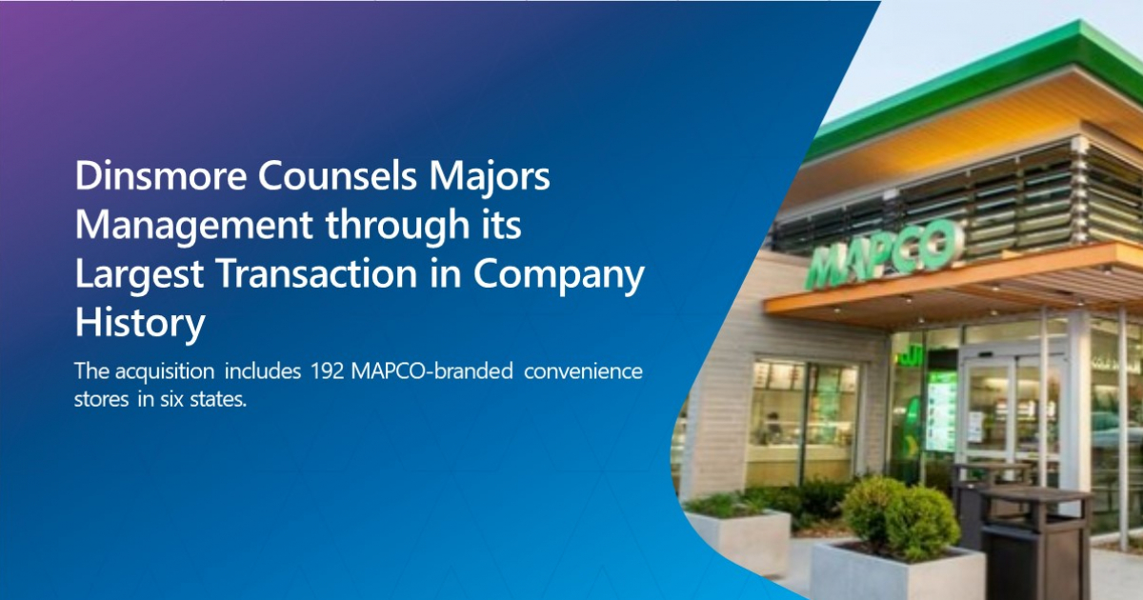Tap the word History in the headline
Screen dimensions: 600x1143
coord(140,325)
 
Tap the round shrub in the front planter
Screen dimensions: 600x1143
coord(899,519)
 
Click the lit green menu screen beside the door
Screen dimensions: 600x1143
coord(941,410)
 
